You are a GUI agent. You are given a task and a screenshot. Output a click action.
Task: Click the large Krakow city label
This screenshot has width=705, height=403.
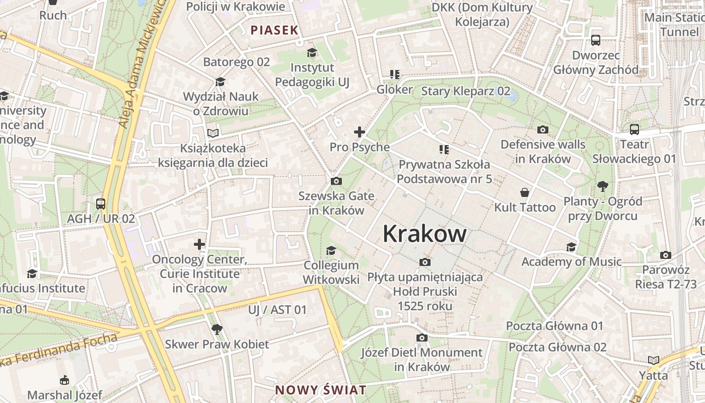click(x=425, y=234)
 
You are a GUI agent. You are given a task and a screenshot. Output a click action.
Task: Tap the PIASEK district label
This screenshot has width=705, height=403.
click(x=274, y=30)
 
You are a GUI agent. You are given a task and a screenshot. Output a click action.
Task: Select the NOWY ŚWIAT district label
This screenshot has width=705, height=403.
click(x=321, y=390)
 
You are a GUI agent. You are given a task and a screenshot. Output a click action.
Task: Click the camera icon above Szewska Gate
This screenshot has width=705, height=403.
click(x=336, y=181)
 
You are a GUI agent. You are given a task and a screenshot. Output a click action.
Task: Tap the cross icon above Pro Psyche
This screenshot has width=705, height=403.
click(x=359, y=132)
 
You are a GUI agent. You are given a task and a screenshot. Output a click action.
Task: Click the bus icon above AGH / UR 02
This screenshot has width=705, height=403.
click(x=101, y=204)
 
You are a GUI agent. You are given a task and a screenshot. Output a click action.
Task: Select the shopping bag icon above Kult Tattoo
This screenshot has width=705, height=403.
click(x=525, y=192)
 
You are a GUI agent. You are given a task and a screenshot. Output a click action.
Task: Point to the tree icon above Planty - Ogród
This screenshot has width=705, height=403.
click(x=602, y=187)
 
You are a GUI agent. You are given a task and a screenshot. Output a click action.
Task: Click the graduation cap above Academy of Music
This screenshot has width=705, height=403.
click(x=571, y=247)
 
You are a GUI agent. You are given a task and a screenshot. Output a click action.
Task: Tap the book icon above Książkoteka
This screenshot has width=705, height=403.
click(x=214, y=133)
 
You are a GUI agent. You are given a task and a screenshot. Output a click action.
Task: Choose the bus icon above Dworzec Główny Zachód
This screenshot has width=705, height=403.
click(x=596, y=40)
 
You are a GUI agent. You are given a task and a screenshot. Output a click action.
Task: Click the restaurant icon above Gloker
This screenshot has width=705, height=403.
click(x=394, y=75)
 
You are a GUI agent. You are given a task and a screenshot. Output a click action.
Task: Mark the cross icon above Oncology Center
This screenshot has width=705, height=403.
click(x=199, y=245)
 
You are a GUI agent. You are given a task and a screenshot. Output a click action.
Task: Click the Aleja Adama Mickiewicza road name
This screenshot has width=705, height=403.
click(x=141, y=65)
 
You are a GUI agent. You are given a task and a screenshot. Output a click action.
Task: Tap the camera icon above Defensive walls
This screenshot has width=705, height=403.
click(x=542, y=130)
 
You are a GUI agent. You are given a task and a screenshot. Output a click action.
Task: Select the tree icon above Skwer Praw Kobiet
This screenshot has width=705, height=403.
click(x=217, y=329)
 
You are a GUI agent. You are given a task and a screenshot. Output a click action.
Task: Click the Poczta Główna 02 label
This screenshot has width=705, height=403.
click(x=557, y=347)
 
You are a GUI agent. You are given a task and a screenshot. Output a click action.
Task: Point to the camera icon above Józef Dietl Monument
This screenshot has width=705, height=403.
click(x=421, y=338)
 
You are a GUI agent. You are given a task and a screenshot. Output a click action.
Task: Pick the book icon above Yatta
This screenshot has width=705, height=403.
click(x=654, y=360)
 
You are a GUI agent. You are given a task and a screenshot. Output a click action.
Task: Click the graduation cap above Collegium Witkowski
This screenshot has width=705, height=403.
click(x=331, y=250)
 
